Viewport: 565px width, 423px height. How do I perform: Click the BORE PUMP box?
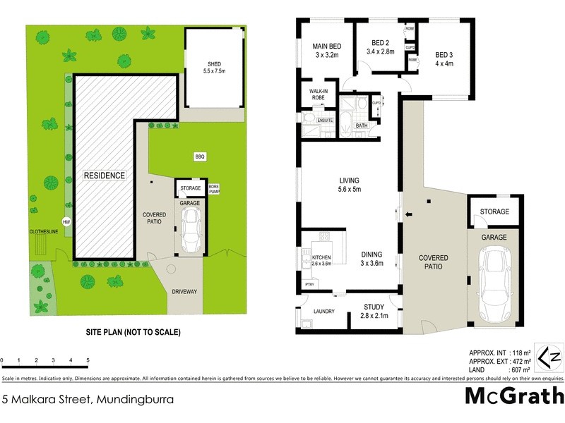[x=214, y=189]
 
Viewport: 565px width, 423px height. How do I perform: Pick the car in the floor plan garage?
[x=494, y=283]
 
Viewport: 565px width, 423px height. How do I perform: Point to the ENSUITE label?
[x=324, y=121]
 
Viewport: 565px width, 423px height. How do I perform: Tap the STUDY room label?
[x=374, y=307]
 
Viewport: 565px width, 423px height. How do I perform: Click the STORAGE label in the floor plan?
[x=494, y=211]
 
